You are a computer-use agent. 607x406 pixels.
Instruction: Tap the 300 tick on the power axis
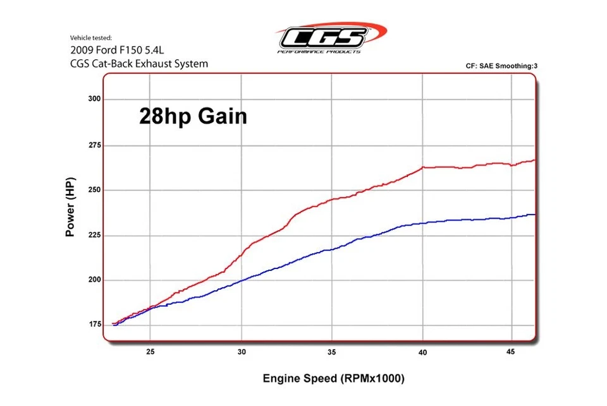point(95,100)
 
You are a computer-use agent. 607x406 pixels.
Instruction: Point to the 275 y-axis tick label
point(95,145)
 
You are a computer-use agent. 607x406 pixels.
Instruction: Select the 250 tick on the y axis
point(95,190)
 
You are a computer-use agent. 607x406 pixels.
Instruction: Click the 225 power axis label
point(95,235)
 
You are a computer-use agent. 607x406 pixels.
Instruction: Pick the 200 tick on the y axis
point(95,280)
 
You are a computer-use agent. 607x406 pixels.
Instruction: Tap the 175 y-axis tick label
point(95,325)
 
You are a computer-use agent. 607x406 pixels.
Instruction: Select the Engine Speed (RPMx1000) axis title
point(333,379)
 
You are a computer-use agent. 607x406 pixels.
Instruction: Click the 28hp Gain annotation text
point(193,117)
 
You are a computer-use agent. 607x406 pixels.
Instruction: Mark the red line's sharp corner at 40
point(423,167)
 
